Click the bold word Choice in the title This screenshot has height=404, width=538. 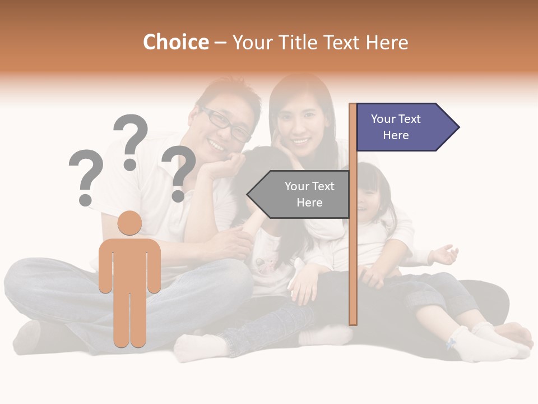pyautogui.click(x=175, y=42)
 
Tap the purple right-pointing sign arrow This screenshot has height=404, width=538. pyautogui.click(x=406, y=127)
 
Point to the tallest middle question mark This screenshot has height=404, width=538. pyautogui.click(x=131, y=141)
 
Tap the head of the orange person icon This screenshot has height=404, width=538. pyautogui.click(x=129, y=223)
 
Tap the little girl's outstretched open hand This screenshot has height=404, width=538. pyautogui.click(x=446, y=254)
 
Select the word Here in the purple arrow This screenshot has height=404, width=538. pyautogui.click(x=396, y=135)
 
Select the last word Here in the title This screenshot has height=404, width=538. pyautogui.click(x=387, y=43)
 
